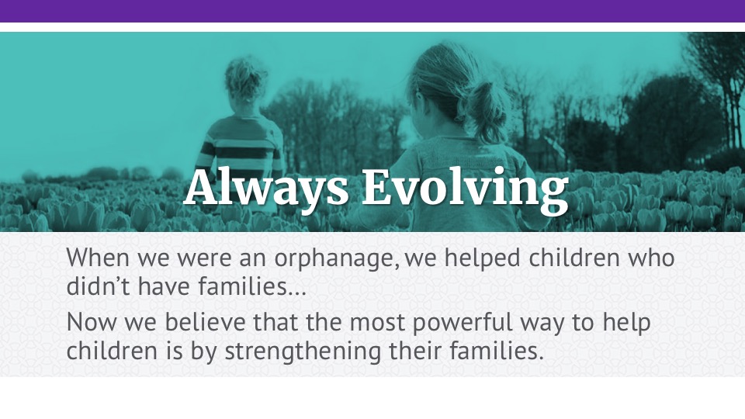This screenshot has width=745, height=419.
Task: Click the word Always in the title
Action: pos(266,187)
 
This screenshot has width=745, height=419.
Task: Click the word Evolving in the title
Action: pos(465,187)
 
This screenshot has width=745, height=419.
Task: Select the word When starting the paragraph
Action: pos(98,258)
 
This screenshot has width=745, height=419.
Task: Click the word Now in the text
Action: pos(92,322)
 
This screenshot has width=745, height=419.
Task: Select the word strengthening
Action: pos(303,352)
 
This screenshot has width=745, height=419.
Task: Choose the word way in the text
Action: pos(542,324)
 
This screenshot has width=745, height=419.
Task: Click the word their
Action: pos(416,351)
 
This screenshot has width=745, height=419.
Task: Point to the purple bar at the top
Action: pos(372,11)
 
